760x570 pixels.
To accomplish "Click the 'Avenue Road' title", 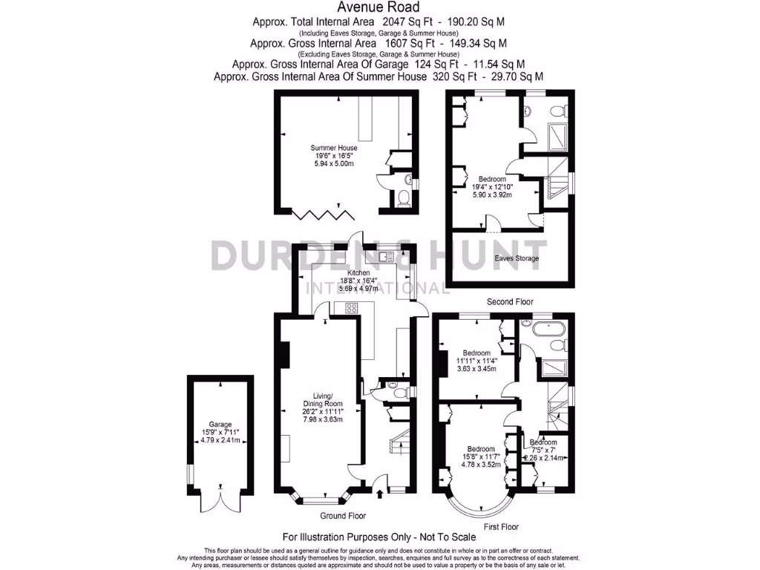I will coord(379,7).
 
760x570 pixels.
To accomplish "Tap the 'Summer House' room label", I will coord(334,148).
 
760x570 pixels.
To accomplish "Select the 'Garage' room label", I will coord(220,425).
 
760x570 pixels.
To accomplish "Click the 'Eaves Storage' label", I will coord(517,259).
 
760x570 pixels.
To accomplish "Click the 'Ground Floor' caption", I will coord(343,515).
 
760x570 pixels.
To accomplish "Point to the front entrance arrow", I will coord(381,492).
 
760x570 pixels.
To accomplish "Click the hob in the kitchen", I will coord(352,308).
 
